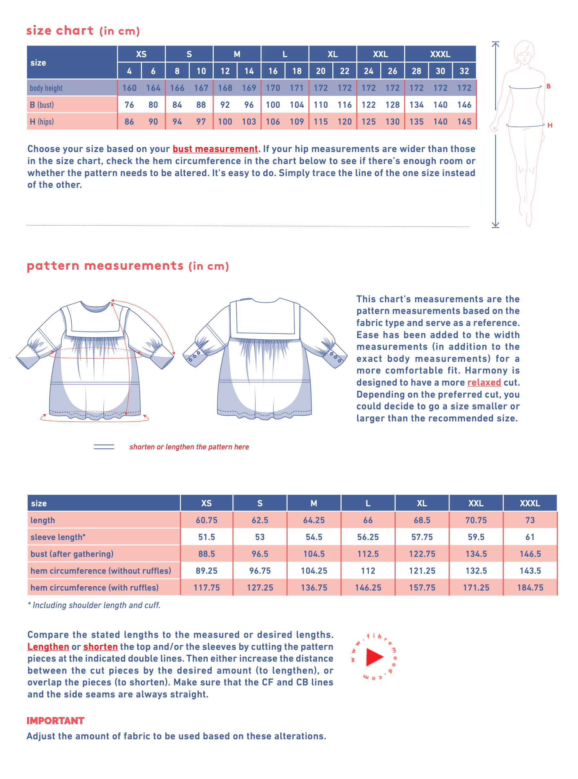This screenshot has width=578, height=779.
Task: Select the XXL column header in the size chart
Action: (380, 54)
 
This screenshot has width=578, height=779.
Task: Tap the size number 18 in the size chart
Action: (297, 71)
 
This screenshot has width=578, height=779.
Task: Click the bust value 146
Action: (464, 105)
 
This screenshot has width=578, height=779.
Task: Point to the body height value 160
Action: (129, 88)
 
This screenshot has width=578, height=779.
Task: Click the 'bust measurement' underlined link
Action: (215, 149)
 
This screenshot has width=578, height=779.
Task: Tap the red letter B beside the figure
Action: (548, 86)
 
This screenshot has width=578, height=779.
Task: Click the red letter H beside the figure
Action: (550, 125)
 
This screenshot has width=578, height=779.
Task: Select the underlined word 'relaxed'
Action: (484, 382)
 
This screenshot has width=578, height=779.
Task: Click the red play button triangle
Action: (374, 657)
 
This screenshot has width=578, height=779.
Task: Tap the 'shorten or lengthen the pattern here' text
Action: (189, 447)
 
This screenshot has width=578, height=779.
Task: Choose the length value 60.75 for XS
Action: (206, 520)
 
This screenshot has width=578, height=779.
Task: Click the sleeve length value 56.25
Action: (368, 537)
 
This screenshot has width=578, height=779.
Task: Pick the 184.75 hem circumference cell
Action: (530, 588)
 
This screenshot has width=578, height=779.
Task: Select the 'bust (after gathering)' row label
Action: (72, 554)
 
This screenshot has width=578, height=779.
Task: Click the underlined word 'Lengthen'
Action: (48, 647)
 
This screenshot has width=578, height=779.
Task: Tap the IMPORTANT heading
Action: (55, 721)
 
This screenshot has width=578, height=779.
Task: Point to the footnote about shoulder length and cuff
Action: (94, 605)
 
